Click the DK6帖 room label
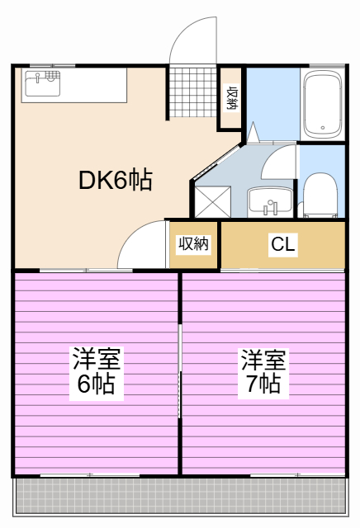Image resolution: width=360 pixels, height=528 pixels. click(x=116, y=180)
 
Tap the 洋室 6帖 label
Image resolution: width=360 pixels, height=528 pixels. click(x=97, y=373)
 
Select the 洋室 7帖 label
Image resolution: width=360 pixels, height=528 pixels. click(x=263, y=373)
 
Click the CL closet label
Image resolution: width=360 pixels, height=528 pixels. click(x=283, y=244)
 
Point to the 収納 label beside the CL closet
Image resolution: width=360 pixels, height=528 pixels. click(x=193, y=244)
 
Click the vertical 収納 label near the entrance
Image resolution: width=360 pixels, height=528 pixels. click(x=232, y=97)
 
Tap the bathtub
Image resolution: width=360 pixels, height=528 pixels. click(x=323, y=104)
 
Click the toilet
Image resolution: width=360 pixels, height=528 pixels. click(x=320, y=196)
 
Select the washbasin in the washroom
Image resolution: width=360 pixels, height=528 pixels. click(x=270, y=202)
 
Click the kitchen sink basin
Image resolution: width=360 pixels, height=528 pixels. click(x=42, y=83)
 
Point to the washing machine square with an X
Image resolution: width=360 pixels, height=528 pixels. click(x=213, y=201)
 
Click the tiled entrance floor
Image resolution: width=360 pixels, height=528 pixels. click(x=192, y=92)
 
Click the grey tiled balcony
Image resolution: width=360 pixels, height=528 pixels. click(x=181, y=495)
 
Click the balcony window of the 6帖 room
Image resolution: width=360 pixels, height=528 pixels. click(x=90, y=475)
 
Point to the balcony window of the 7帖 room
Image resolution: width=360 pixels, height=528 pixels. click(x=297, y=475)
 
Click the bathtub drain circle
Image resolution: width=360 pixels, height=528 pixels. click(x=323, y=128)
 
